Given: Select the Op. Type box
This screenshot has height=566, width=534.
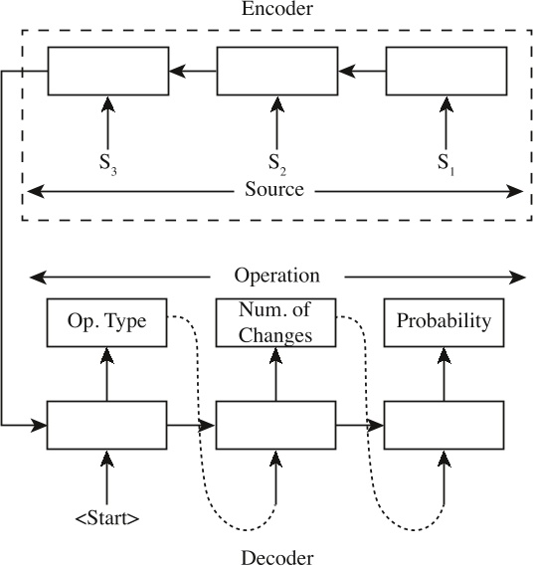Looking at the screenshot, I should (106, 322).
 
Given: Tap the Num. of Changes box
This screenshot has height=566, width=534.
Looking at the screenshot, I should (275, 322).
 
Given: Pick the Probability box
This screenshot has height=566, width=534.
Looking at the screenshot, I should (444, 322).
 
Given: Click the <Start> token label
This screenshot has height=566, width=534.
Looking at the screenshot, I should (106, 517).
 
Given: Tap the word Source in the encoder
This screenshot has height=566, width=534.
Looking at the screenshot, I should (273, 189).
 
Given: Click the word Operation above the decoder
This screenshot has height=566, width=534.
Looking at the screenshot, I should (276, 276).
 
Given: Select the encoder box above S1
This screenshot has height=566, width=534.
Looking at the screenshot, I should (444, 71).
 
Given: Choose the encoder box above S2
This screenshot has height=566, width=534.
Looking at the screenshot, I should (275, 71).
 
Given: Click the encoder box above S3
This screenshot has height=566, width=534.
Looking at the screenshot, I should (106, 71).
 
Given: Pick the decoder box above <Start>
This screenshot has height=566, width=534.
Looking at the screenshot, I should (106, 426).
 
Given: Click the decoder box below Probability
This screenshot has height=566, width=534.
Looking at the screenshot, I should (444, 426).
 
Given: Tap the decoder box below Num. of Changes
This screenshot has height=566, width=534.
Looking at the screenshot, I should (275, 426).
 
